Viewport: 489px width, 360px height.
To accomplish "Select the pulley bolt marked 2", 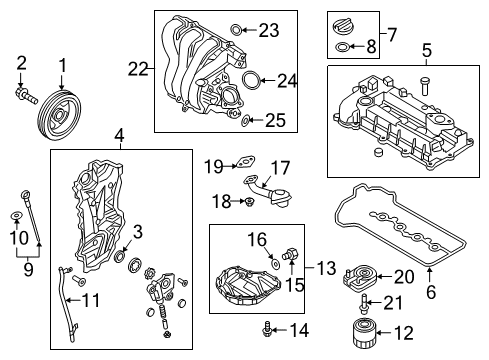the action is click(26, 95).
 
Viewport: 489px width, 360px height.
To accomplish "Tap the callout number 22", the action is click(138, 69).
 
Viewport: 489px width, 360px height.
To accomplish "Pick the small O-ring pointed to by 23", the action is click(236, 30).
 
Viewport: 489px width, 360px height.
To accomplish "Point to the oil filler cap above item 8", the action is click(344, 26).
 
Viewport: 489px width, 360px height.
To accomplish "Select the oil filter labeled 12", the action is click(364, 333).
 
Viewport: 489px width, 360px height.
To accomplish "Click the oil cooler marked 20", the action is click(359, 276).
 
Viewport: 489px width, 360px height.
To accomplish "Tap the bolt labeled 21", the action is click(364, 304).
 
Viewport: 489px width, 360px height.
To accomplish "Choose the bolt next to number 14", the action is click(267, 330).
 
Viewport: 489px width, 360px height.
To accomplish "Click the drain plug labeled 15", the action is click(291, 254).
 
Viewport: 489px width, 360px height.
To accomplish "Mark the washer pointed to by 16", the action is click(275, 264).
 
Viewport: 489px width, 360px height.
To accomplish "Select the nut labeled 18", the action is click(248, 201).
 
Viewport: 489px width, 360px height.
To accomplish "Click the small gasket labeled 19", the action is click(245, 162).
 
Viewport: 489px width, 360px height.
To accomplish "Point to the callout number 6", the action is click(431, 292).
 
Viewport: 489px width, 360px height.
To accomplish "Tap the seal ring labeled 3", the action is click(120, 257).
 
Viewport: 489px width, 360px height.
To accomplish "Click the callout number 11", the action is click(91, 300).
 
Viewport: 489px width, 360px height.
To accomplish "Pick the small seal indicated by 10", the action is click(16, 215).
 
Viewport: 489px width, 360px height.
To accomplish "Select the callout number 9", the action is click(29, 269).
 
